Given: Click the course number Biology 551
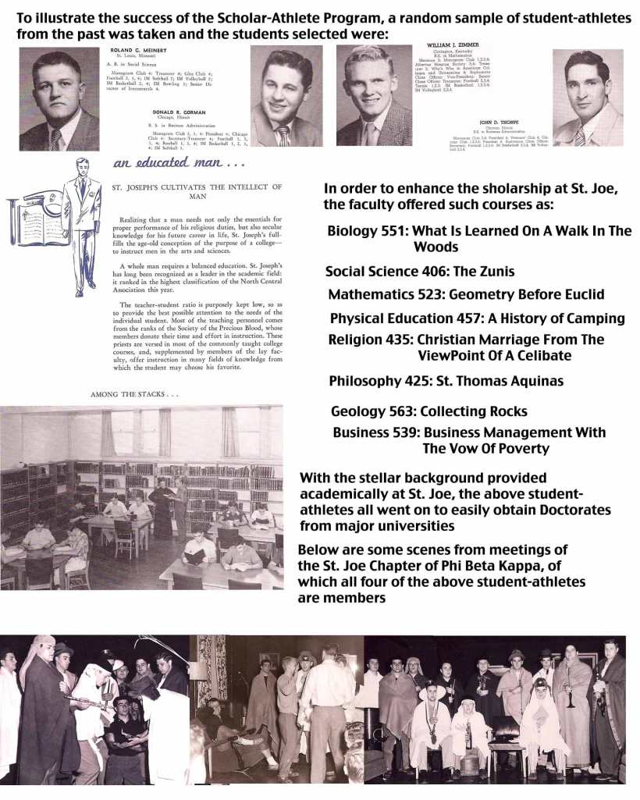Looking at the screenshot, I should (365, 231).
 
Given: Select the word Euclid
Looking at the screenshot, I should (578, 295).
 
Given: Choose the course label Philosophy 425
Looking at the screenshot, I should (379, 381).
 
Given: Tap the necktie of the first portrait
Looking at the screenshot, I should (57, 139).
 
